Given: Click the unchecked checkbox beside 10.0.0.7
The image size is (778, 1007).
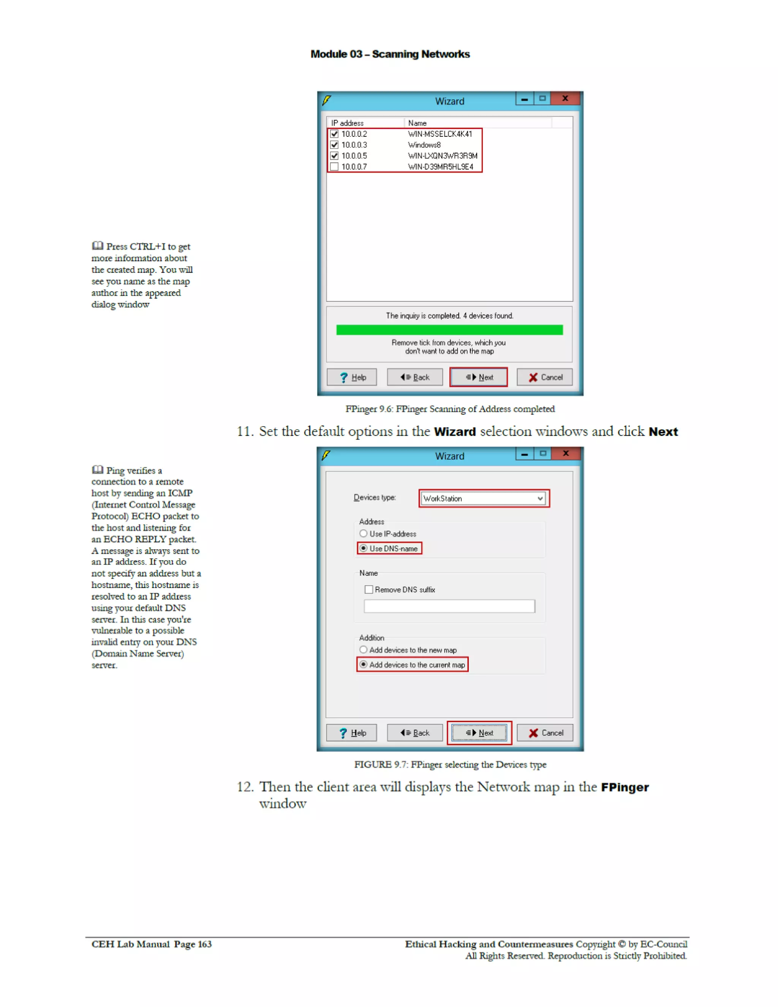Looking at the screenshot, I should pyautogui.click(x=334, y=166).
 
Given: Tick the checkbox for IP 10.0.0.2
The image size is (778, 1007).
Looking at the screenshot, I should pyautogui.click(x=334, y=134).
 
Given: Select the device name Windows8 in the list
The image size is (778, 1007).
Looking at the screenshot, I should pyautogui.click(x=424, y=145).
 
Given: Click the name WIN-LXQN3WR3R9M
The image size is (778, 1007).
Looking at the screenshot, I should pyautogui.click(x=442, y=156).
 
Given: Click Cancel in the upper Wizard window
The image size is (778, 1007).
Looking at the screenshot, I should pyautogui.click(x=545, y=377).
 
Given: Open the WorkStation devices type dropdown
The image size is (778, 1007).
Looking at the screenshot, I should pyautogui.click(x=539, y=498).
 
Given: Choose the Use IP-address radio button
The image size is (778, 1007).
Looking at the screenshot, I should pyautogui.click(x=364, y=533).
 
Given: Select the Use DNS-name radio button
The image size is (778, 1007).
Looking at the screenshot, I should pyautogui.click(x=364, y=548).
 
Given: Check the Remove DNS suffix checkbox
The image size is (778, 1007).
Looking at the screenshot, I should pyautogui.click(x=368, y=589).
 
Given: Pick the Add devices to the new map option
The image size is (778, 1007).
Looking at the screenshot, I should pyautogui.click(x=364, y=650).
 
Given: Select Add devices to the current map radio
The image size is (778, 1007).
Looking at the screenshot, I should pyautogui.click(x=364, y=664).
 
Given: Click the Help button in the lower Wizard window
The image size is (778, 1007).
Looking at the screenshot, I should pyautogui.click(x=351, y=733).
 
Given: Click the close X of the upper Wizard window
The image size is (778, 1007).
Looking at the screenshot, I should pyautogui.click(x=565, y=99).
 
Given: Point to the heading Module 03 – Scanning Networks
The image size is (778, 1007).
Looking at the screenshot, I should pyautogui.click(x=390, y=54).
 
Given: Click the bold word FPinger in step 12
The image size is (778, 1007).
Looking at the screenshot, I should pyautogui.click(x=625, y=787).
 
